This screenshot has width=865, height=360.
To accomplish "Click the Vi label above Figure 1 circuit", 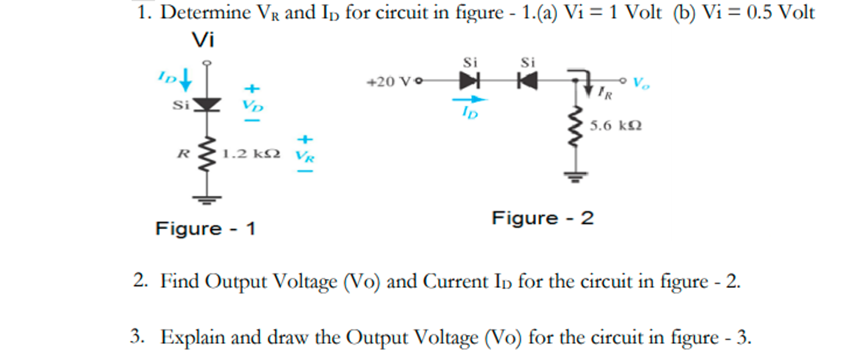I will pos(203,40).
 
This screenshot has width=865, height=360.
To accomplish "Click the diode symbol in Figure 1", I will pos(207,104).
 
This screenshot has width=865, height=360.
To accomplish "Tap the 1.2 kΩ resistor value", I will pos(251,154).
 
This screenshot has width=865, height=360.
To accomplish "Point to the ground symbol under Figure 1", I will pos(207,199).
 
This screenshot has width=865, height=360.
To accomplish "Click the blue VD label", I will pos(253,105).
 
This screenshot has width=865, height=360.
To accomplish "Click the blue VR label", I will pos(305,155).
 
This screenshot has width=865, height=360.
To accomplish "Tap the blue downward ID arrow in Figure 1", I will pos(185,81).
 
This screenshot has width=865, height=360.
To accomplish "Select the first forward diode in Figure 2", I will pos(469,81).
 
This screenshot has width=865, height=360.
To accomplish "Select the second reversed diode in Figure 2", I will pos(528,81).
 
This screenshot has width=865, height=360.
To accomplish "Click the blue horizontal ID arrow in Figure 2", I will pos(469,99).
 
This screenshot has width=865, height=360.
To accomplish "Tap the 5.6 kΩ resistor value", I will pos(615,126).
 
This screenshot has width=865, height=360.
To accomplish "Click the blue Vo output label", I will pos(641,83).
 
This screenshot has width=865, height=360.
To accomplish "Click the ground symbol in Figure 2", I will pos(575,177).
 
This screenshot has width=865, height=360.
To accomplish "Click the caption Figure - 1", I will pos(206,229).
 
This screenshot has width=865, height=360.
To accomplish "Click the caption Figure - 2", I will pos(543,218).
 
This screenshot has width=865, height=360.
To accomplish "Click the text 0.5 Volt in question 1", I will pos(780,12).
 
